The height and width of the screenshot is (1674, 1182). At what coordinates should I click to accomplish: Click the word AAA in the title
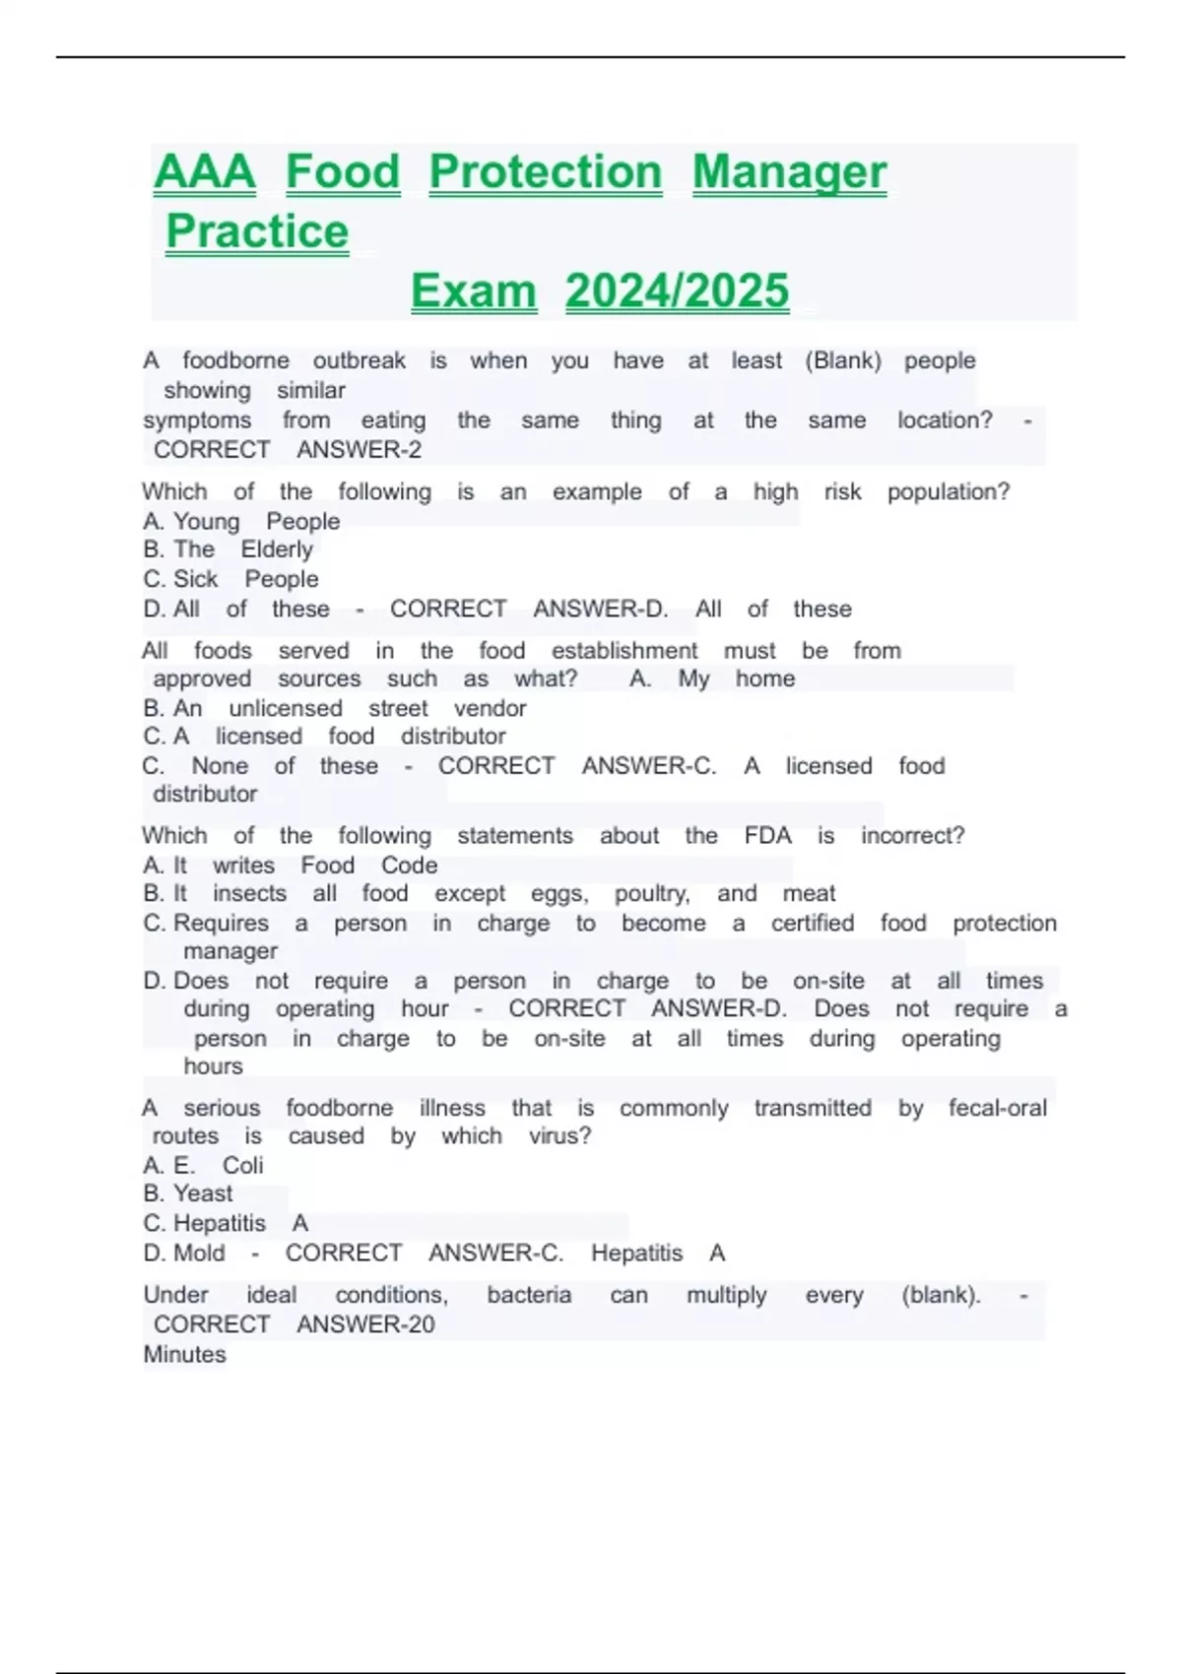[x=205, y=172]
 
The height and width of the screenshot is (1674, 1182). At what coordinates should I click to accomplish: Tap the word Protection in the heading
[x=546, y=172]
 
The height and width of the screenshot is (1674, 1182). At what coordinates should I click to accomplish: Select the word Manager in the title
[x=789, y=172]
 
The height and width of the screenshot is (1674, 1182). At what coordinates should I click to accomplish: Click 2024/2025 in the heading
[x=677, y=291]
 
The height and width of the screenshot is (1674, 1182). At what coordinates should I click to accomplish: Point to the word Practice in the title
[x=257, y=232]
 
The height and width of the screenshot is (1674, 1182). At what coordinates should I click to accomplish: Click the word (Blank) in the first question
[x=842, y=360]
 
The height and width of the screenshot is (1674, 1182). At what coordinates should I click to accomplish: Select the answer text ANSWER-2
[x=360, y=450]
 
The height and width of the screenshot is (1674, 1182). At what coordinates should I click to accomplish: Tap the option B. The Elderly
[x=228, y=549]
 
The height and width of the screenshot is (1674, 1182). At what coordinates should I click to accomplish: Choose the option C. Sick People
[x=230, y=579]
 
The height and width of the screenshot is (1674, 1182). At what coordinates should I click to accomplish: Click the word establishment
[x=624, y=651]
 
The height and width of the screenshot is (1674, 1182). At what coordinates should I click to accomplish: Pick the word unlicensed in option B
[x=286, y=708]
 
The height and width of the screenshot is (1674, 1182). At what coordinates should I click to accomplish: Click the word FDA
[x=767, y=836]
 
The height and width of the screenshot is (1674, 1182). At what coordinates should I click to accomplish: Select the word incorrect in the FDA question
[x=912, y=836]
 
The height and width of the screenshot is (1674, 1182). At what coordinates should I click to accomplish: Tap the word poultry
[x=652, y=893]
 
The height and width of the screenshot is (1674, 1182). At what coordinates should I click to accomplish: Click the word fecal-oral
[x=997, y=1108]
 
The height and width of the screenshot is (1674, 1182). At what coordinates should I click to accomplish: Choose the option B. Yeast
[x=188, y=1193]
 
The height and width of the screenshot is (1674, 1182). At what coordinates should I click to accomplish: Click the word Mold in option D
[x=199, y=1253]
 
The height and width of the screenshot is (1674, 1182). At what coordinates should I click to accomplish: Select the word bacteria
[x=529, y=1295]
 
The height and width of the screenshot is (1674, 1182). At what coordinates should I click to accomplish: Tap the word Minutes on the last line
[x=184, y=1355]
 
